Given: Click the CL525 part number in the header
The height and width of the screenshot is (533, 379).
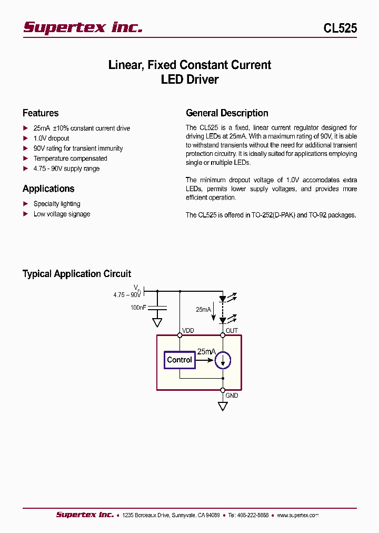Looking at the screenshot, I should pyautogui.click(x=340, y=28).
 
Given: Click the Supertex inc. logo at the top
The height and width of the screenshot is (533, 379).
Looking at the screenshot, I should pyautogui.click(x=83, y=27).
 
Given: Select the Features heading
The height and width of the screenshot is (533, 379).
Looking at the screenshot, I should pyautogui.click(x=41, y=113).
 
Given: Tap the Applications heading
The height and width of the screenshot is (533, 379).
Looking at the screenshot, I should pyautogui.click(x=48, y=189).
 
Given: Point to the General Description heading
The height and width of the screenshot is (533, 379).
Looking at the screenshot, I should pyautogui.click(x=227, y=113).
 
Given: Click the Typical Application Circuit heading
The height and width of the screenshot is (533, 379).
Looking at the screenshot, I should pyautogui.click(x=77, y=274).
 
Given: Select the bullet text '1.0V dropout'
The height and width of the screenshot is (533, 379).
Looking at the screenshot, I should pyautogui.click(x=51, y=139).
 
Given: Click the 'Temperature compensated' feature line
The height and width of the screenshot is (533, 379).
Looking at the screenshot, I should pyautogui.click(x=70, y=159).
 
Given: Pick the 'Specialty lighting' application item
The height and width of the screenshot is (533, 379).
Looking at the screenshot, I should pyautogui.click(x=57, y=204).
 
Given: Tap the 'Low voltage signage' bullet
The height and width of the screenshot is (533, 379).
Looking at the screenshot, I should pyautogui.click(x=62, y=214).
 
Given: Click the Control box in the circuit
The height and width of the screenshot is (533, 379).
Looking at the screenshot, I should pyautogui.click(x=179, y=360).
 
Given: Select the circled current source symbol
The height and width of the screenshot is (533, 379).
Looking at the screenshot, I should pyautogui.click(x=223, y=360).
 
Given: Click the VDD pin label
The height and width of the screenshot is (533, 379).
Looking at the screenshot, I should pyautogui.click(x=188, y=331).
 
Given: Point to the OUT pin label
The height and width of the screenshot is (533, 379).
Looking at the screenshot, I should pyautogui.click(x=232, y=331).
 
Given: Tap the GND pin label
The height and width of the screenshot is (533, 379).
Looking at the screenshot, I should pyautogui.click(x=232, y=395).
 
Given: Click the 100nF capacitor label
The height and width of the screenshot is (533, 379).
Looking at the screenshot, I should pyautogui.click(x=138, y=307).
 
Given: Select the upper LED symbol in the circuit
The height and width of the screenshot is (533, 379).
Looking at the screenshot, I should pyautogui.click(x=223, y=299).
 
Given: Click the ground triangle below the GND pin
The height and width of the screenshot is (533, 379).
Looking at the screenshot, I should pyautogui.click(x=223, y=406).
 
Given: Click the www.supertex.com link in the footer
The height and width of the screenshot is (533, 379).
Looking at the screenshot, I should pyautogui.click(x=297, y=515).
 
